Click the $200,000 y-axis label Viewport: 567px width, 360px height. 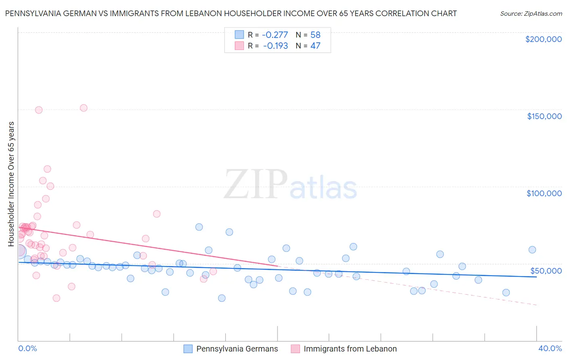tap(543, 39)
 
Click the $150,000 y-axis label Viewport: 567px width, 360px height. tap(544, 116)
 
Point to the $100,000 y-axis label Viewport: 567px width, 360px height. tap(544, 193)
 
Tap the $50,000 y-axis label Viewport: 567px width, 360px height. tap(546, 270)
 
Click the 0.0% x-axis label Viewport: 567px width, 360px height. tap(27, 348)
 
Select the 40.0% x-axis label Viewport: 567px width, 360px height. tap(550, 348)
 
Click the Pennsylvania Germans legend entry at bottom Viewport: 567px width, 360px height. tap(237, 349)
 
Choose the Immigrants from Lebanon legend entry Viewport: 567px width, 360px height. tap(350, 349)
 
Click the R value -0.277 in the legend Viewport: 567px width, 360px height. tap(275, 35)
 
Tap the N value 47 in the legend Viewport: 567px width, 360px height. tap(315, 46)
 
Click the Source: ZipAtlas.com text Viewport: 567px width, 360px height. tap(531, 13)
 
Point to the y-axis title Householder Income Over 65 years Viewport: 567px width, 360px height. tap(11, 184)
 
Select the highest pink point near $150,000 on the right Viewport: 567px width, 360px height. tap(83, 108)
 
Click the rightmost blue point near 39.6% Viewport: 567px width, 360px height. tap(532, 249)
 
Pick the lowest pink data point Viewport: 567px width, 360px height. tap(56, 298)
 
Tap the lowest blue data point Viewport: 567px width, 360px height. tap(221, 298)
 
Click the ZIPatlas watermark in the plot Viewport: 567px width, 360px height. tap(290, 185)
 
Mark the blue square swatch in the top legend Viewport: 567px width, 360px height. tap(239, 35)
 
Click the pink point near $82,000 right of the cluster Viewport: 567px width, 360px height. tap(156, 214)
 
